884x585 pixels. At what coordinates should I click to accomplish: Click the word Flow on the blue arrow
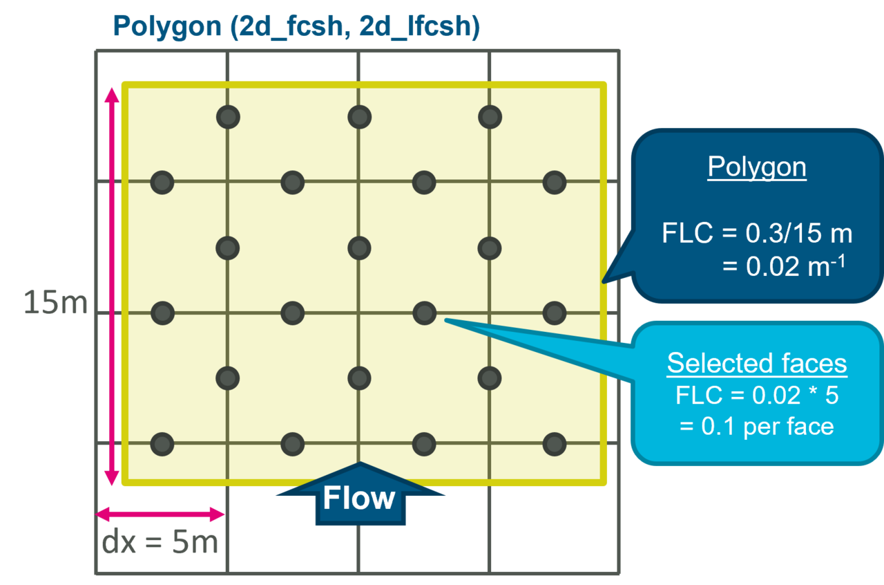click(359, 499)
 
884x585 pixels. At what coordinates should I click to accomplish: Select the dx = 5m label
click(160, 544)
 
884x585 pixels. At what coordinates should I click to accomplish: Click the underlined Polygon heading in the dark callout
click(757, 167)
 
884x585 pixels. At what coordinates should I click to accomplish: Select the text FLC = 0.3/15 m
click(757, 234)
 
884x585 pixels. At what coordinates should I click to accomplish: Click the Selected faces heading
click(757, 364)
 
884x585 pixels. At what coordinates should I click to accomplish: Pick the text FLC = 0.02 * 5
click(757, 396)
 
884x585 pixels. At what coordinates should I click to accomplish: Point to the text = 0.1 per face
click(757, 426)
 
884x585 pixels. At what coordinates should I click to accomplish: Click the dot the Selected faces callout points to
click(424, 313)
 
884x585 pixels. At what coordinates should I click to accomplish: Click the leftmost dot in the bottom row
click(162, 443)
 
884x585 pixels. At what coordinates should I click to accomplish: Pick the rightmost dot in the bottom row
click(555, 443)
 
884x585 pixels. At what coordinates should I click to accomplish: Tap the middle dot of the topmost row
click(359, 117)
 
